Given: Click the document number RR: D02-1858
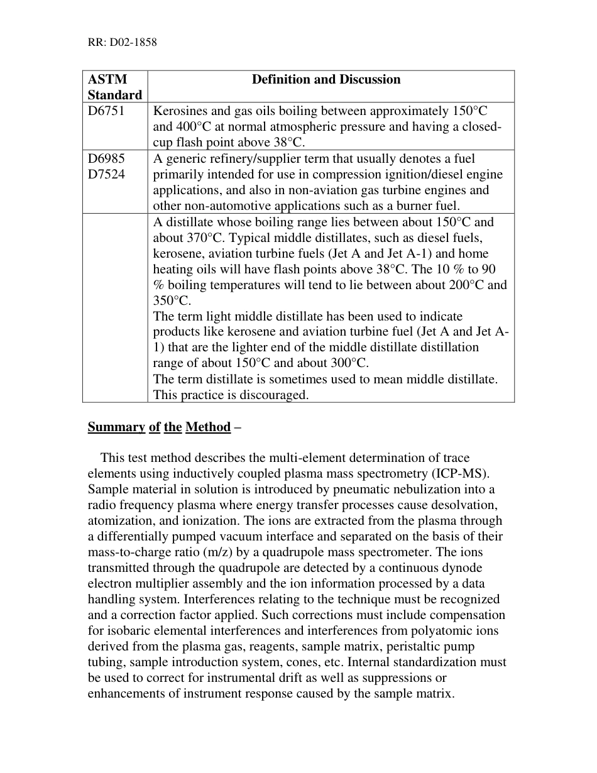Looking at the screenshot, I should click(x=121, y=43).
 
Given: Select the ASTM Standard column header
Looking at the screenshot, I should click(x=114, y=87).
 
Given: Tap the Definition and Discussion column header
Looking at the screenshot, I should click(x=326, y=79).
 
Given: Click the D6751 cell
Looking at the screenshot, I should click(x=106, y=111).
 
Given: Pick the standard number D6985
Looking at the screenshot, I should click(x=106, y=159).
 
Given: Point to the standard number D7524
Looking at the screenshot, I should click(x=106, y=175).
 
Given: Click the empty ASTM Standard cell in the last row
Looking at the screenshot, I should click(x=114, y=307).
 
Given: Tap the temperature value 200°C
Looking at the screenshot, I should click(x=461, y=285).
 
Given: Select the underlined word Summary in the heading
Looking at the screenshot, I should click(x=116, y=427).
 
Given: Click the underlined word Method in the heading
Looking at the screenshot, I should click(x=208, y=427).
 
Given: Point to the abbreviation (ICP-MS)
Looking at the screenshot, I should click(x=456, y=473).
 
